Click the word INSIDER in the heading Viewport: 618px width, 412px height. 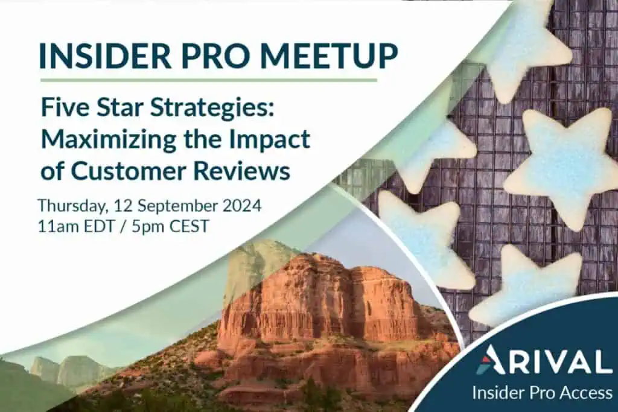coord(106,56)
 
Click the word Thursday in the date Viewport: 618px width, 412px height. coord(73,206)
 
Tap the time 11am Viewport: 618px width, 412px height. coord(56,227)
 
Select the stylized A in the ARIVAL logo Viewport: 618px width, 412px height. coord(490,360)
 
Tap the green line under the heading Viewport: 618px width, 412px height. coord(208,80)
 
